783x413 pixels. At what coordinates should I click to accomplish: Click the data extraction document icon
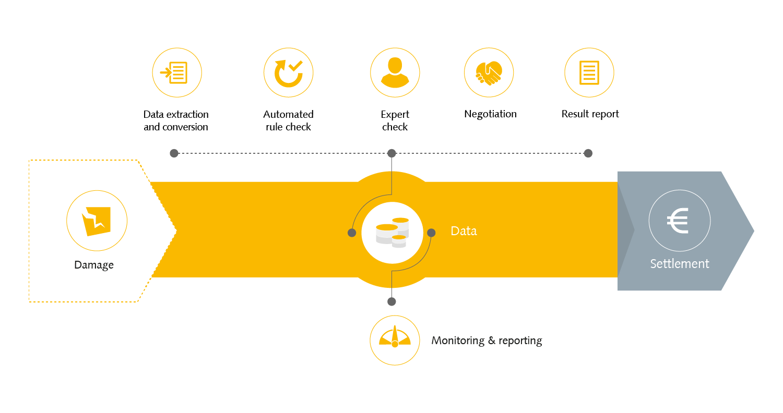pyautogui.click(x=174, y=72)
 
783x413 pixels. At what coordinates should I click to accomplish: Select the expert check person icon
pyautogui.click(x=395, y=72)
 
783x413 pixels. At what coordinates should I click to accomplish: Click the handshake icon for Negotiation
pyautogui.click(x=489, y=73)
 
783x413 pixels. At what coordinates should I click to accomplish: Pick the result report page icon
pyautogui.click(x=589, y=72)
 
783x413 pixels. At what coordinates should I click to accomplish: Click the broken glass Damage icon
pyautogui.click(x=96, y=221)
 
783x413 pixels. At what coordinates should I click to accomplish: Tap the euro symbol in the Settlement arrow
pyautogui.click(x=678, y=221)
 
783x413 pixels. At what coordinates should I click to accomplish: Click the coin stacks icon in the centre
pyautogui.click(x=392, y=233)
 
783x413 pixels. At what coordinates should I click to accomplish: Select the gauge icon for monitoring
pyautogui.click(x=395, y=337)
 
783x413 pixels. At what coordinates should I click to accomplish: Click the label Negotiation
pyautogui.click(x=490, y=114)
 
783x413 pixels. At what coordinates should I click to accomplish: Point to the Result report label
pyautogui.click(x=590, y=114)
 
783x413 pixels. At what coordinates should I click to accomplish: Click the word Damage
pyautogui.click(x=93, y=265)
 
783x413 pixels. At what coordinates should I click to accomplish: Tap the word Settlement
pyautogui.click(x=680, y=263)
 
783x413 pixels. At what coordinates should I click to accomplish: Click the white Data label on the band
pyautogui.click(x=464, y=231)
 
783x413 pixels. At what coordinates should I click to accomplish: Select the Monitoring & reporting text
pyautogui.click(x=487, y=341)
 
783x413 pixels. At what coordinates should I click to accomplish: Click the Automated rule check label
pyautogui.click(x=288, y=120)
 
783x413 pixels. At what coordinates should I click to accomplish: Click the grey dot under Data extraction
pyautogui.click(x=174, y=153)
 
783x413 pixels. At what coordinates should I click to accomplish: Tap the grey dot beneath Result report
pyautogui.click(x=588, y=153)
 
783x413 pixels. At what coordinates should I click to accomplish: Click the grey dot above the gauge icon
pyautogui.click(x=392, y=301)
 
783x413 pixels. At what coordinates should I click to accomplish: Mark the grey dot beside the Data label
pyautogui.click(x=431, y=233)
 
